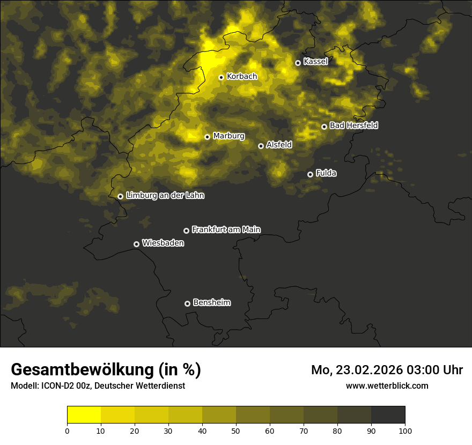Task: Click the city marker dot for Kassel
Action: coord(298,63)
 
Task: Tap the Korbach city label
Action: coord(242,76)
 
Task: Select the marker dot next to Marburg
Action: coord(207,137)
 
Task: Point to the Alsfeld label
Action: coord(279,144)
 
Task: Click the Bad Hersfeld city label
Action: coord(353,125)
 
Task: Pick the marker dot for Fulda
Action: coord(310,174)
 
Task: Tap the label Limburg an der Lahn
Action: coord(165,196)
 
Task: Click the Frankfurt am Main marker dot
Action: coord(186,231)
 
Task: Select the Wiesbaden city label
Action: coord(163,243)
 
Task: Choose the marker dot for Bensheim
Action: coord(187,303)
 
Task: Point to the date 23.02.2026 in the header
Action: coord(370,370)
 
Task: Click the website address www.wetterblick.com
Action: coord(387,385)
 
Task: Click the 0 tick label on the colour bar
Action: coord(67,431)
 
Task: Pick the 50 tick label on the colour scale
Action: coord(236,431)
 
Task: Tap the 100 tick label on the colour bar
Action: coord(405,431)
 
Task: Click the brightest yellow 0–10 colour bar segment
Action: coord(84,415)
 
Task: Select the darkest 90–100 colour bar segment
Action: coord(388,415)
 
